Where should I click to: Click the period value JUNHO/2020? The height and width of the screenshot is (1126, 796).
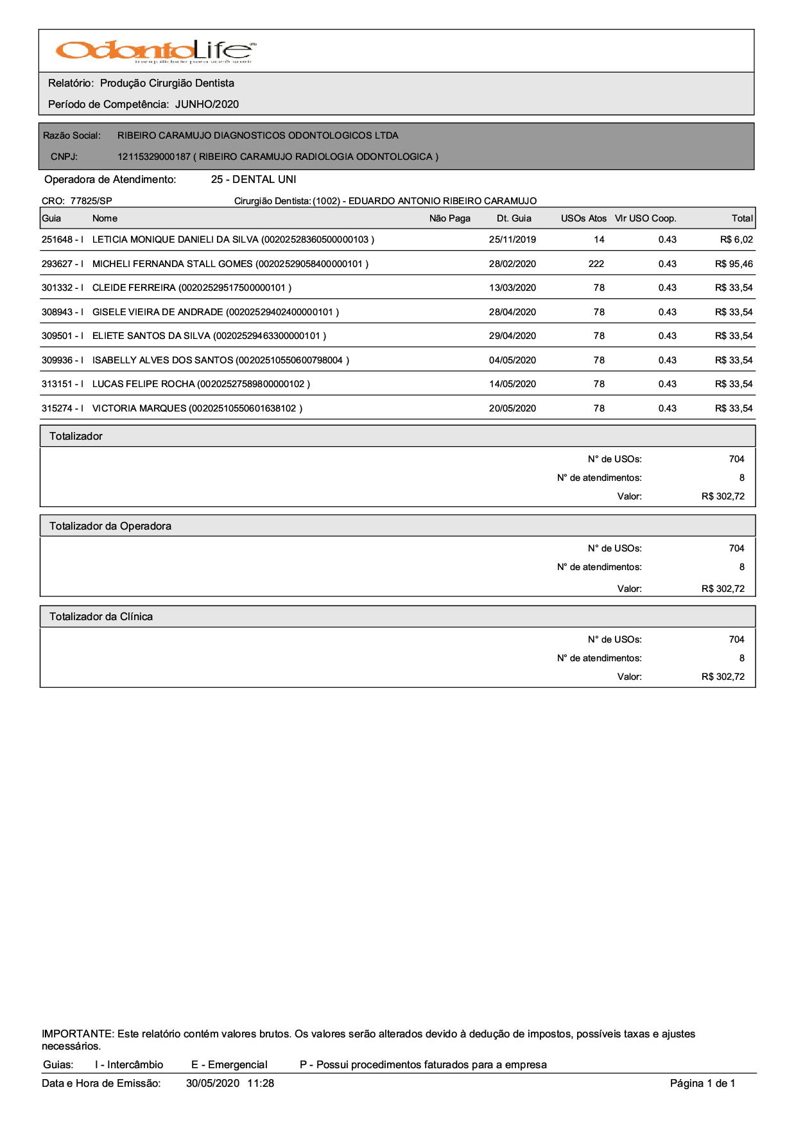click(207, 105)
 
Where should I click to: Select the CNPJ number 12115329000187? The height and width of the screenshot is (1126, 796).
click(154, 157)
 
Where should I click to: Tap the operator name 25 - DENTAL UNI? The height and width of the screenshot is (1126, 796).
click(254, 180)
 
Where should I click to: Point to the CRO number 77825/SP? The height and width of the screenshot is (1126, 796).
click(91, 201)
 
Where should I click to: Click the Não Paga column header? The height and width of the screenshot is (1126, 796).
click(449, 219)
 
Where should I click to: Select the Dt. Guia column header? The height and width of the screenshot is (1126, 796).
click(514, 219)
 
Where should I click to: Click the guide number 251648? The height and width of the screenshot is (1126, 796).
click(57, 240)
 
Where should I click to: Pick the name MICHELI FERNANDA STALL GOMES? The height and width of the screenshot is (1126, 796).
click(173, 264)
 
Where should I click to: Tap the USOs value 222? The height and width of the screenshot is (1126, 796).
click(596, 264)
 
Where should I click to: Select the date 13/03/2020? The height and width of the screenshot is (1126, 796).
click(512, 288)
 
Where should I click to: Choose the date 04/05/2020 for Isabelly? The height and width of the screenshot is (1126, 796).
click(512, 360)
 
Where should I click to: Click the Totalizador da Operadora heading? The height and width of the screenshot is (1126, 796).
click(110, 526)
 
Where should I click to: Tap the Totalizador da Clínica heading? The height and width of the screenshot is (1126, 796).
click(101, 617)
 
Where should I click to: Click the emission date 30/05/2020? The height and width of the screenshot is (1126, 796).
click(212, 1084)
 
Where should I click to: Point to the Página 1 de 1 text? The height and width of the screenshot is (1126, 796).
click(702, 1084)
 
